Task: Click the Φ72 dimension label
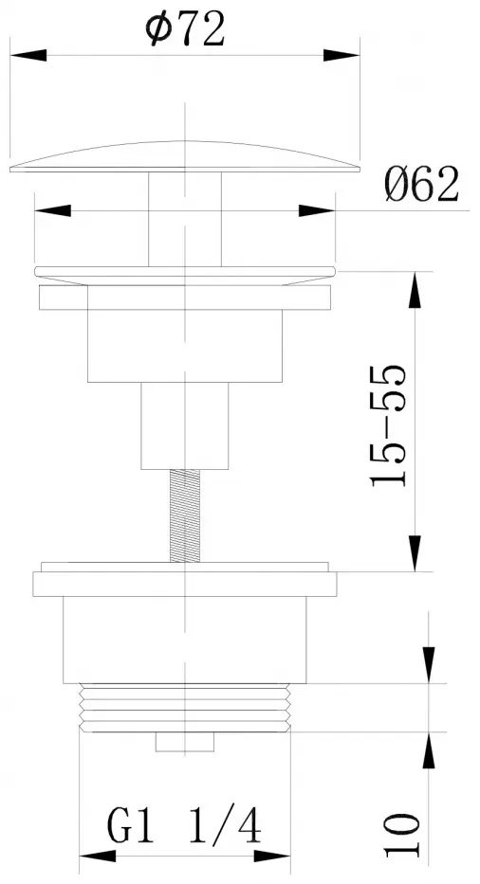pos(185,28)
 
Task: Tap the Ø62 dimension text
pos(421,185)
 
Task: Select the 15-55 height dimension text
pos(388,425)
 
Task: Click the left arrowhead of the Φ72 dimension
pos(28,55)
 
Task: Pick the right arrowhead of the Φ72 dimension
pos(342,55)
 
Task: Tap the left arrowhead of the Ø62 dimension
pos(52,211)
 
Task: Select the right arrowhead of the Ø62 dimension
pos(317,211)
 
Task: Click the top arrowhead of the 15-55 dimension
pos(415,290)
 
